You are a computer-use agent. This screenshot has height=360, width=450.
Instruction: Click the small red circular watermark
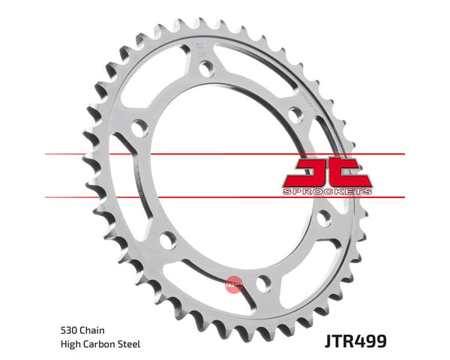click(233, 282)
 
